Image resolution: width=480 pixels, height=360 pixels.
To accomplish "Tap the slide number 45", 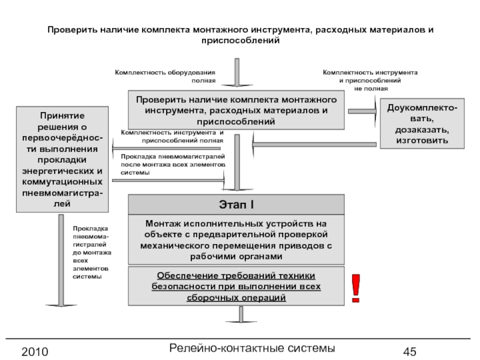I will pos(410,351).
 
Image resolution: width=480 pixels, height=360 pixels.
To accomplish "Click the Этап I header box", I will pos(238,205).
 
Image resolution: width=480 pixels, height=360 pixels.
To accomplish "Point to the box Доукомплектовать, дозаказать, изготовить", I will pos(422,124).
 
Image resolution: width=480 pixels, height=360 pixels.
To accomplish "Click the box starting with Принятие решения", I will pos(62,158).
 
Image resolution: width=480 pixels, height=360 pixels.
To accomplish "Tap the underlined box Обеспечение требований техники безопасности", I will pos(238,287).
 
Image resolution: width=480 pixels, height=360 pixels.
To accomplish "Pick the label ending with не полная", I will pos(370,80).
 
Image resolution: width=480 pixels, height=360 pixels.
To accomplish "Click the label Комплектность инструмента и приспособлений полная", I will pos(172,136).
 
